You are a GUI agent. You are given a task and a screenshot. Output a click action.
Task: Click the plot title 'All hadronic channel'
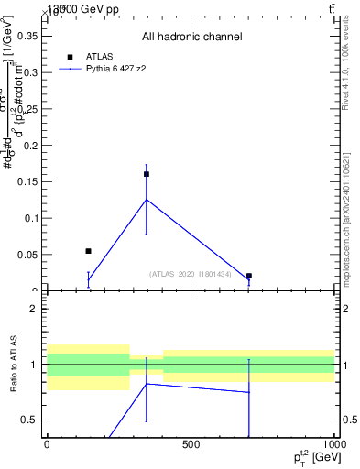191,37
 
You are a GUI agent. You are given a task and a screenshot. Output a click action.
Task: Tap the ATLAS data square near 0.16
147,174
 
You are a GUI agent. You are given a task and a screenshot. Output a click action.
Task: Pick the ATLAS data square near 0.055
88,251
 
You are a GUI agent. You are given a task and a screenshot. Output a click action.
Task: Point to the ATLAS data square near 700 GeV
249,276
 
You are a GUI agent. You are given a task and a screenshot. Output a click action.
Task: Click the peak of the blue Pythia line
147,199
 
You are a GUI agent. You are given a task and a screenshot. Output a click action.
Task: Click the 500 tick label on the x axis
191,444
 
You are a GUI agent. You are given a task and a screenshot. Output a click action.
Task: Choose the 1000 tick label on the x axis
333,444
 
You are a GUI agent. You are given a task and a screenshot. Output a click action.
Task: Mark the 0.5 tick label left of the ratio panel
27,420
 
